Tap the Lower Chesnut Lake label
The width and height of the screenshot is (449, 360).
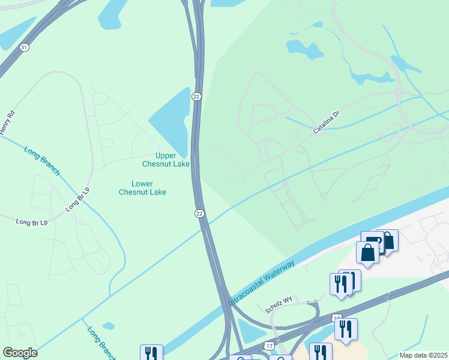[142, 188]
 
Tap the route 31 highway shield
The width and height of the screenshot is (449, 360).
[23, 47]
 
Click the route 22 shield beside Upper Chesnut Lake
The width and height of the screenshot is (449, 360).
[196, 97]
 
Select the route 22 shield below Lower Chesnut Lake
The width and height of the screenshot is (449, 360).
[199, 213]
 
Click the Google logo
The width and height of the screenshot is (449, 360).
[20, 353]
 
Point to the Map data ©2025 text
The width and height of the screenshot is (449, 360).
[423, 355]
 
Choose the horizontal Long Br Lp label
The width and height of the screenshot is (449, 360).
[32, 222]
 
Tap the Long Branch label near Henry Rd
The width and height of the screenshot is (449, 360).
[42, 161]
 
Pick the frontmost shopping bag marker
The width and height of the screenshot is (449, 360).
[367, 252]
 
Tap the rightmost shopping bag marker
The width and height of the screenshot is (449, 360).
[387, 241]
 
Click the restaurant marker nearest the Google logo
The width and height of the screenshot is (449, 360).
[151, 353]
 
